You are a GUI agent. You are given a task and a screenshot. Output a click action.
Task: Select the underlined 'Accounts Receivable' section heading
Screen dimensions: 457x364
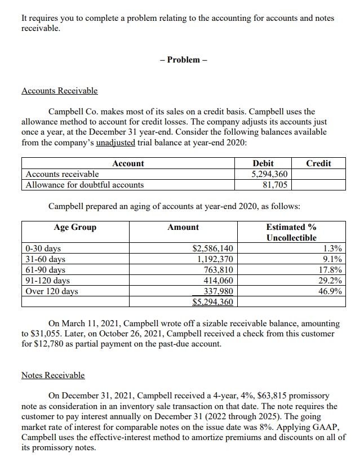pyautogui.click(x=59, y=91)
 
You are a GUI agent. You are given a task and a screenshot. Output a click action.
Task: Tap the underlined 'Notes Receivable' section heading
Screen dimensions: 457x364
pyautogui.click(x=53, y=375)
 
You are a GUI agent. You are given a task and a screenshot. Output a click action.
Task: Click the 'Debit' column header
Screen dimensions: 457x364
pyautogui.click(x=264, y=163)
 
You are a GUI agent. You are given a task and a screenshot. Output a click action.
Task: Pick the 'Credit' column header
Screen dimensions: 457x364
pyautogui.click(x=318, y=163)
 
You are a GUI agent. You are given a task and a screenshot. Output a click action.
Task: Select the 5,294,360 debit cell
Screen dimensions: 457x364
pyautogui.click(x=269, y=174)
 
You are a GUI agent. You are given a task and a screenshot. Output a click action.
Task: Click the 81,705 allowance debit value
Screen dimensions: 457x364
pyautogui.click(x=276, y=184)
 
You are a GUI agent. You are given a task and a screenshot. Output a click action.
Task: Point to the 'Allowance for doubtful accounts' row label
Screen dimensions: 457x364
pyautogui.click(x=85, y=184)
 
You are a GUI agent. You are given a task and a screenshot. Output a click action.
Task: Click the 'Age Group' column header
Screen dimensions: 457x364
pyautogui.click(x=75, y=227)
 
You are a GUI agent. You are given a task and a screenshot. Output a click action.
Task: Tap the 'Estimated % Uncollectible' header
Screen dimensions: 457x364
pyautogui.click(x=291, y=232)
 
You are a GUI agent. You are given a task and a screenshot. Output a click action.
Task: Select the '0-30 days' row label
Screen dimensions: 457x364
pyautogui.click(x=43, y=249)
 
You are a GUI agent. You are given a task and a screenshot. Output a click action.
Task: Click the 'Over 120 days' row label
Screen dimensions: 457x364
pyautogui.click(x=52, y=291)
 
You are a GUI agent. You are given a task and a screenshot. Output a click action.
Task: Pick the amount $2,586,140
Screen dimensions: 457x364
pyautogui.click(x=212, y=249)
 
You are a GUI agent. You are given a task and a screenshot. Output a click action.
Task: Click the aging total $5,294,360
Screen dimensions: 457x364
pyautogui.click(x=212, y=302)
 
